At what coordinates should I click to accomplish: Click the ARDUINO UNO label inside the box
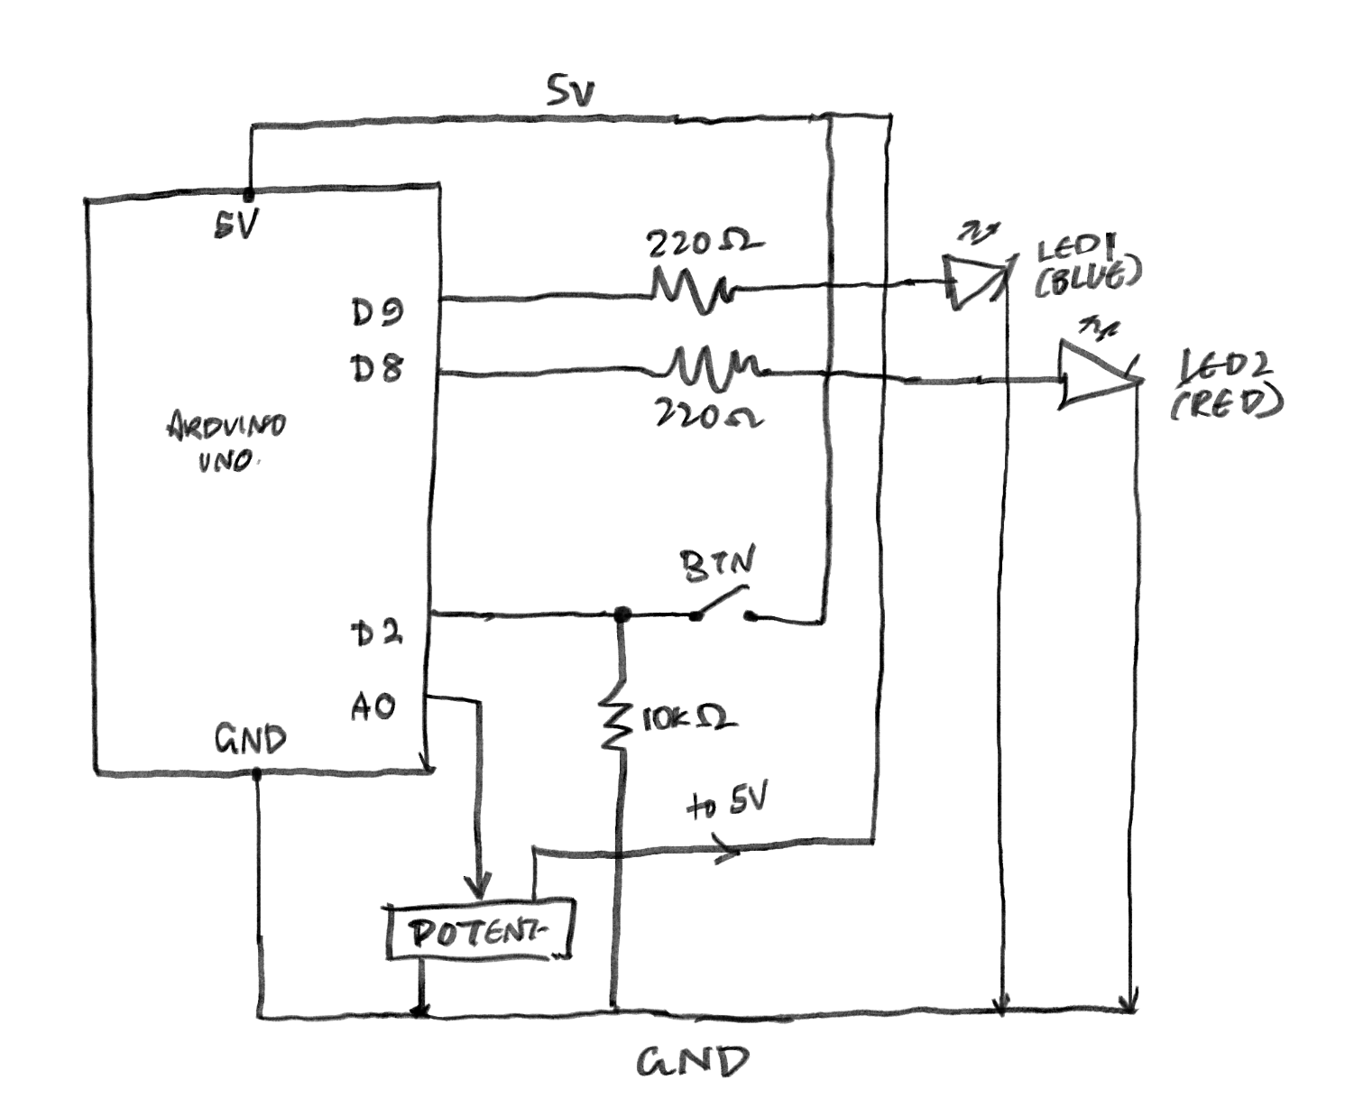pyautogui.click(x=226, y=442)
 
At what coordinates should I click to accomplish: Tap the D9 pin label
pyautogui.click(x=377, y=312)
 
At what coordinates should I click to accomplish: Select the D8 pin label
pyautogui.click(x=376, y=368)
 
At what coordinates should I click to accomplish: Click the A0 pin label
pyautogui.click(x=373, y=706)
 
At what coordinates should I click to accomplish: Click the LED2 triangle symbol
pyautogui.click(x=1094, y=374)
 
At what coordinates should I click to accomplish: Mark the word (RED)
pyautogui.click(x=1226, y=404)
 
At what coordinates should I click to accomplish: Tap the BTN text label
pyautogui.click(x=717, y=564)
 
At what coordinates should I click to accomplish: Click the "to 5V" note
pyautogui.click(x=727, y=803)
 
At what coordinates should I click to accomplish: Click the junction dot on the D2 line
pyautogui.click(x=621, y=615)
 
